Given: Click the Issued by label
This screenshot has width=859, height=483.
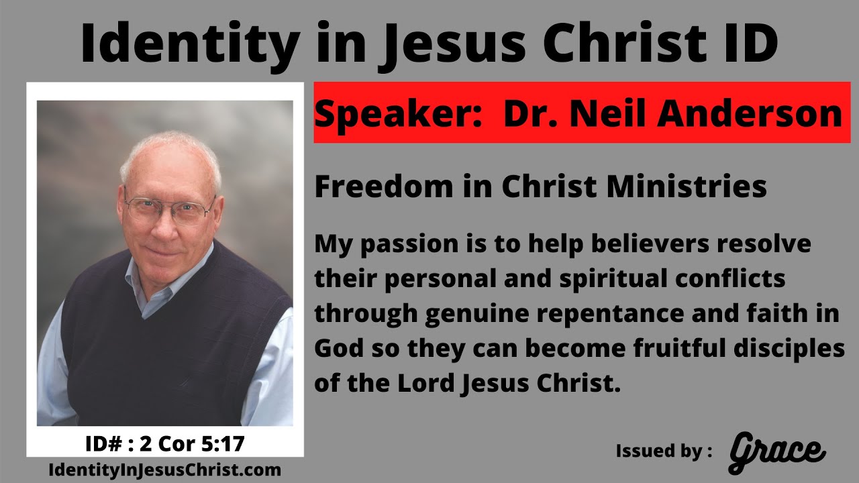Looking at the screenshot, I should point(664,451).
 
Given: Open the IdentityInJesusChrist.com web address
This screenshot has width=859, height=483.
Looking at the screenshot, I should point(165,470).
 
